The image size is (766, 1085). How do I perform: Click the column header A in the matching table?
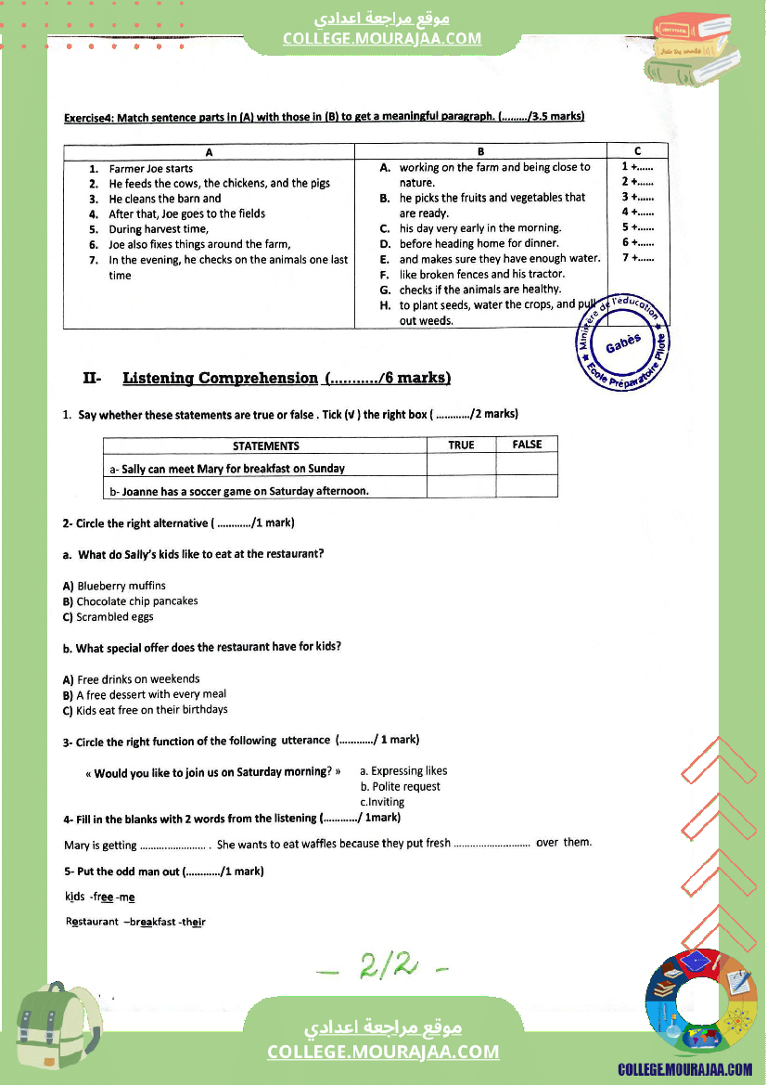209,151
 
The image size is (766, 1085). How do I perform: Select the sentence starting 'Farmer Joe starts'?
150,169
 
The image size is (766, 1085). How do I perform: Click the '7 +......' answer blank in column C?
638,258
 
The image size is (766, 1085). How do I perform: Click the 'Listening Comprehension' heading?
220,378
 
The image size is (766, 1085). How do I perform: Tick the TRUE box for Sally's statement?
461,467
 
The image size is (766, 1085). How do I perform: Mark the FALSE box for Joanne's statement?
527,488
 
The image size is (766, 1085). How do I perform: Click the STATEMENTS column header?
265,446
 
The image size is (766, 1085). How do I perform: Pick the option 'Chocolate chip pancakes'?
136,601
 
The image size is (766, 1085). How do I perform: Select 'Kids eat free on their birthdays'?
151,710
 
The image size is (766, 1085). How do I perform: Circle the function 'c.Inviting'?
382,802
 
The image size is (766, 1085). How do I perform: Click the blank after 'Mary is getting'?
173,846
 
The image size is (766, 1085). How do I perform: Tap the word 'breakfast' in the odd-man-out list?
152,922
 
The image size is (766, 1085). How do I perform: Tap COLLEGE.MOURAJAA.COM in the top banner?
382,38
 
